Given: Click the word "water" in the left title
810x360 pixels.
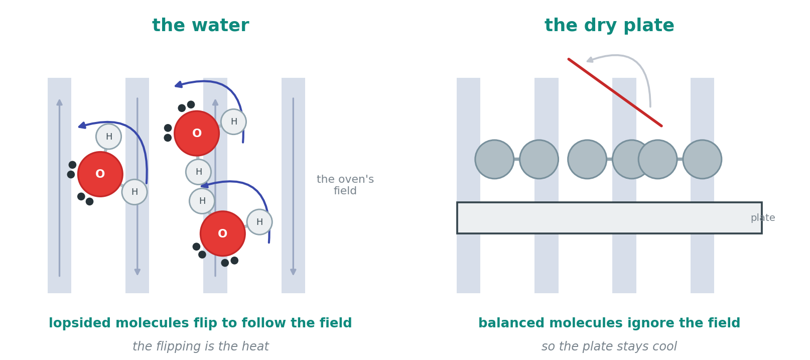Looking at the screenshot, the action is pos(220,26).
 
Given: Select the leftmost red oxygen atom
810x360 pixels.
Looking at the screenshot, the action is pos(100,174).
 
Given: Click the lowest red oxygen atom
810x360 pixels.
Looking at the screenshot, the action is pos(223,233).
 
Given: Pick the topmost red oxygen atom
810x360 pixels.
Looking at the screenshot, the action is pos(197,133).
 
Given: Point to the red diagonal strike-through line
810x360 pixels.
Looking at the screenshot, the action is pos(615,92).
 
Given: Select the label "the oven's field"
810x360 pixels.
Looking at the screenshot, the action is pos(345,185).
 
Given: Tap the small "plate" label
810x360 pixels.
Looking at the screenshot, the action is pos(763,218).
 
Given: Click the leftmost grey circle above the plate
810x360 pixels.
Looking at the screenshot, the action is pos(494,159).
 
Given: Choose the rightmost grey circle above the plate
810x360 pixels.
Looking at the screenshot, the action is pos(702,159).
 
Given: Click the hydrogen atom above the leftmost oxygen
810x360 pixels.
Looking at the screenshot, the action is pos(108,137).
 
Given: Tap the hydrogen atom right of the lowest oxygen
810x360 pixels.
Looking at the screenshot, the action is pos(259,222).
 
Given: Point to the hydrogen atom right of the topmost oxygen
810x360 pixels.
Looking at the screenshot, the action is pos(233,122).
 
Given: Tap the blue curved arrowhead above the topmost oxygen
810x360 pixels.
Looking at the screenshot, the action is pos(179,85).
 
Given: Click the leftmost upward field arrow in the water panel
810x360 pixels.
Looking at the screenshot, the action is pos(59,188).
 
